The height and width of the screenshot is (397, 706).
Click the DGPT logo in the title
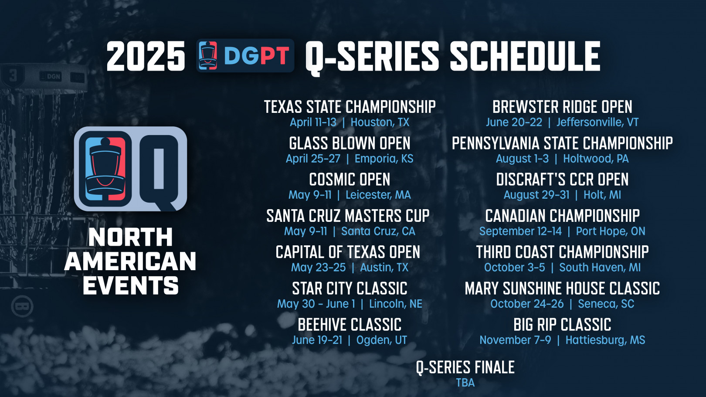(245, 55)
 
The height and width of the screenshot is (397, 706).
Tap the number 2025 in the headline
(146, 56)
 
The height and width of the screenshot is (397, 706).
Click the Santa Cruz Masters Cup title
(348, 216)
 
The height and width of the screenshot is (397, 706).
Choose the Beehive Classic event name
(350, 325)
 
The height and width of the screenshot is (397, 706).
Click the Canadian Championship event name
(562, 216)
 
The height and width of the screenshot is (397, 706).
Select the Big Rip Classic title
(562, 325)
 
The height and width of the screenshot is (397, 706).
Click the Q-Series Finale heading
(465, 367)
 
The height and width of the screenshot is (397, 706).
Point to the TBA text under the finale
(465, 383)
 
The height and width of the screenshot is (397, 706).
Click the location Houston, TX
(380, 122)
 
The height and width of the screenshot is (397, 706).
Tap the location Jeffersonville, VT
(597, 122)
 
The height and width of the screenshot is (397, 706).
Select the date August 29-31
(536, 195)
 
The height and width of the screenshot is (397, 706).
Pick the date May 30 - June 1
(316, 304)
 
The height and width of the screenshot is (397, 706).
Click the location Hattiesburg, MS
(605, 340)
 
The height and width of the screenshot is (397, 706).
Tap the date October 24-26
(527, 304)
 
